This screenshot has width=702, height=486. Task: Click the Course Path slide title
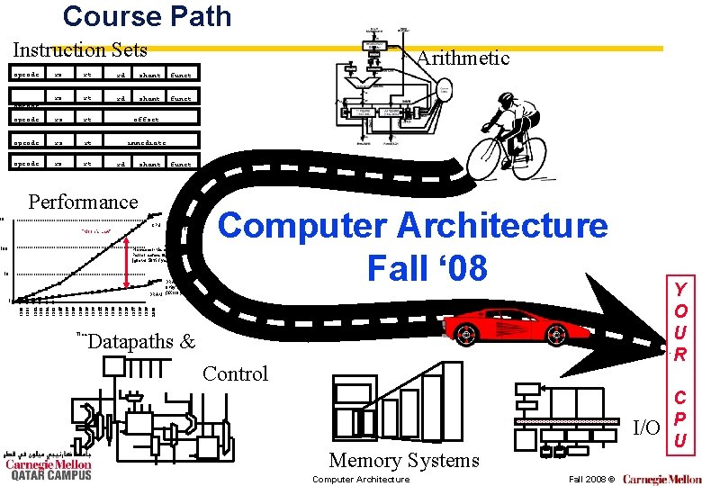tap(147, 16)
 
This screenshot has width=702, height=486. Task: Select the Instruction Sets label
tap(80, 50)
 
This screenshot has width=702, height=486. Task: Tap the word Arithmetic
tap(463, 58)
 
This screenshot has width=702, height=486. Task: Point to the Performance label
tap(84, 202)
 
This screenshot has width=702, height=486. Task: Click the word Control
tap(236, 373)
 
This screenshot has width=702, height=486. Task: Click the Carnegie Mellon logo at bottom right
tap(661, 479)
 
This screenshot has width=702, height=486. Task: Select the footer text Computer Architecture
tap(360, 479)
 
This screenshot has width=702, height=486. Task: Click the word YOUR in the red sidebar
tap(681, 321)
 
